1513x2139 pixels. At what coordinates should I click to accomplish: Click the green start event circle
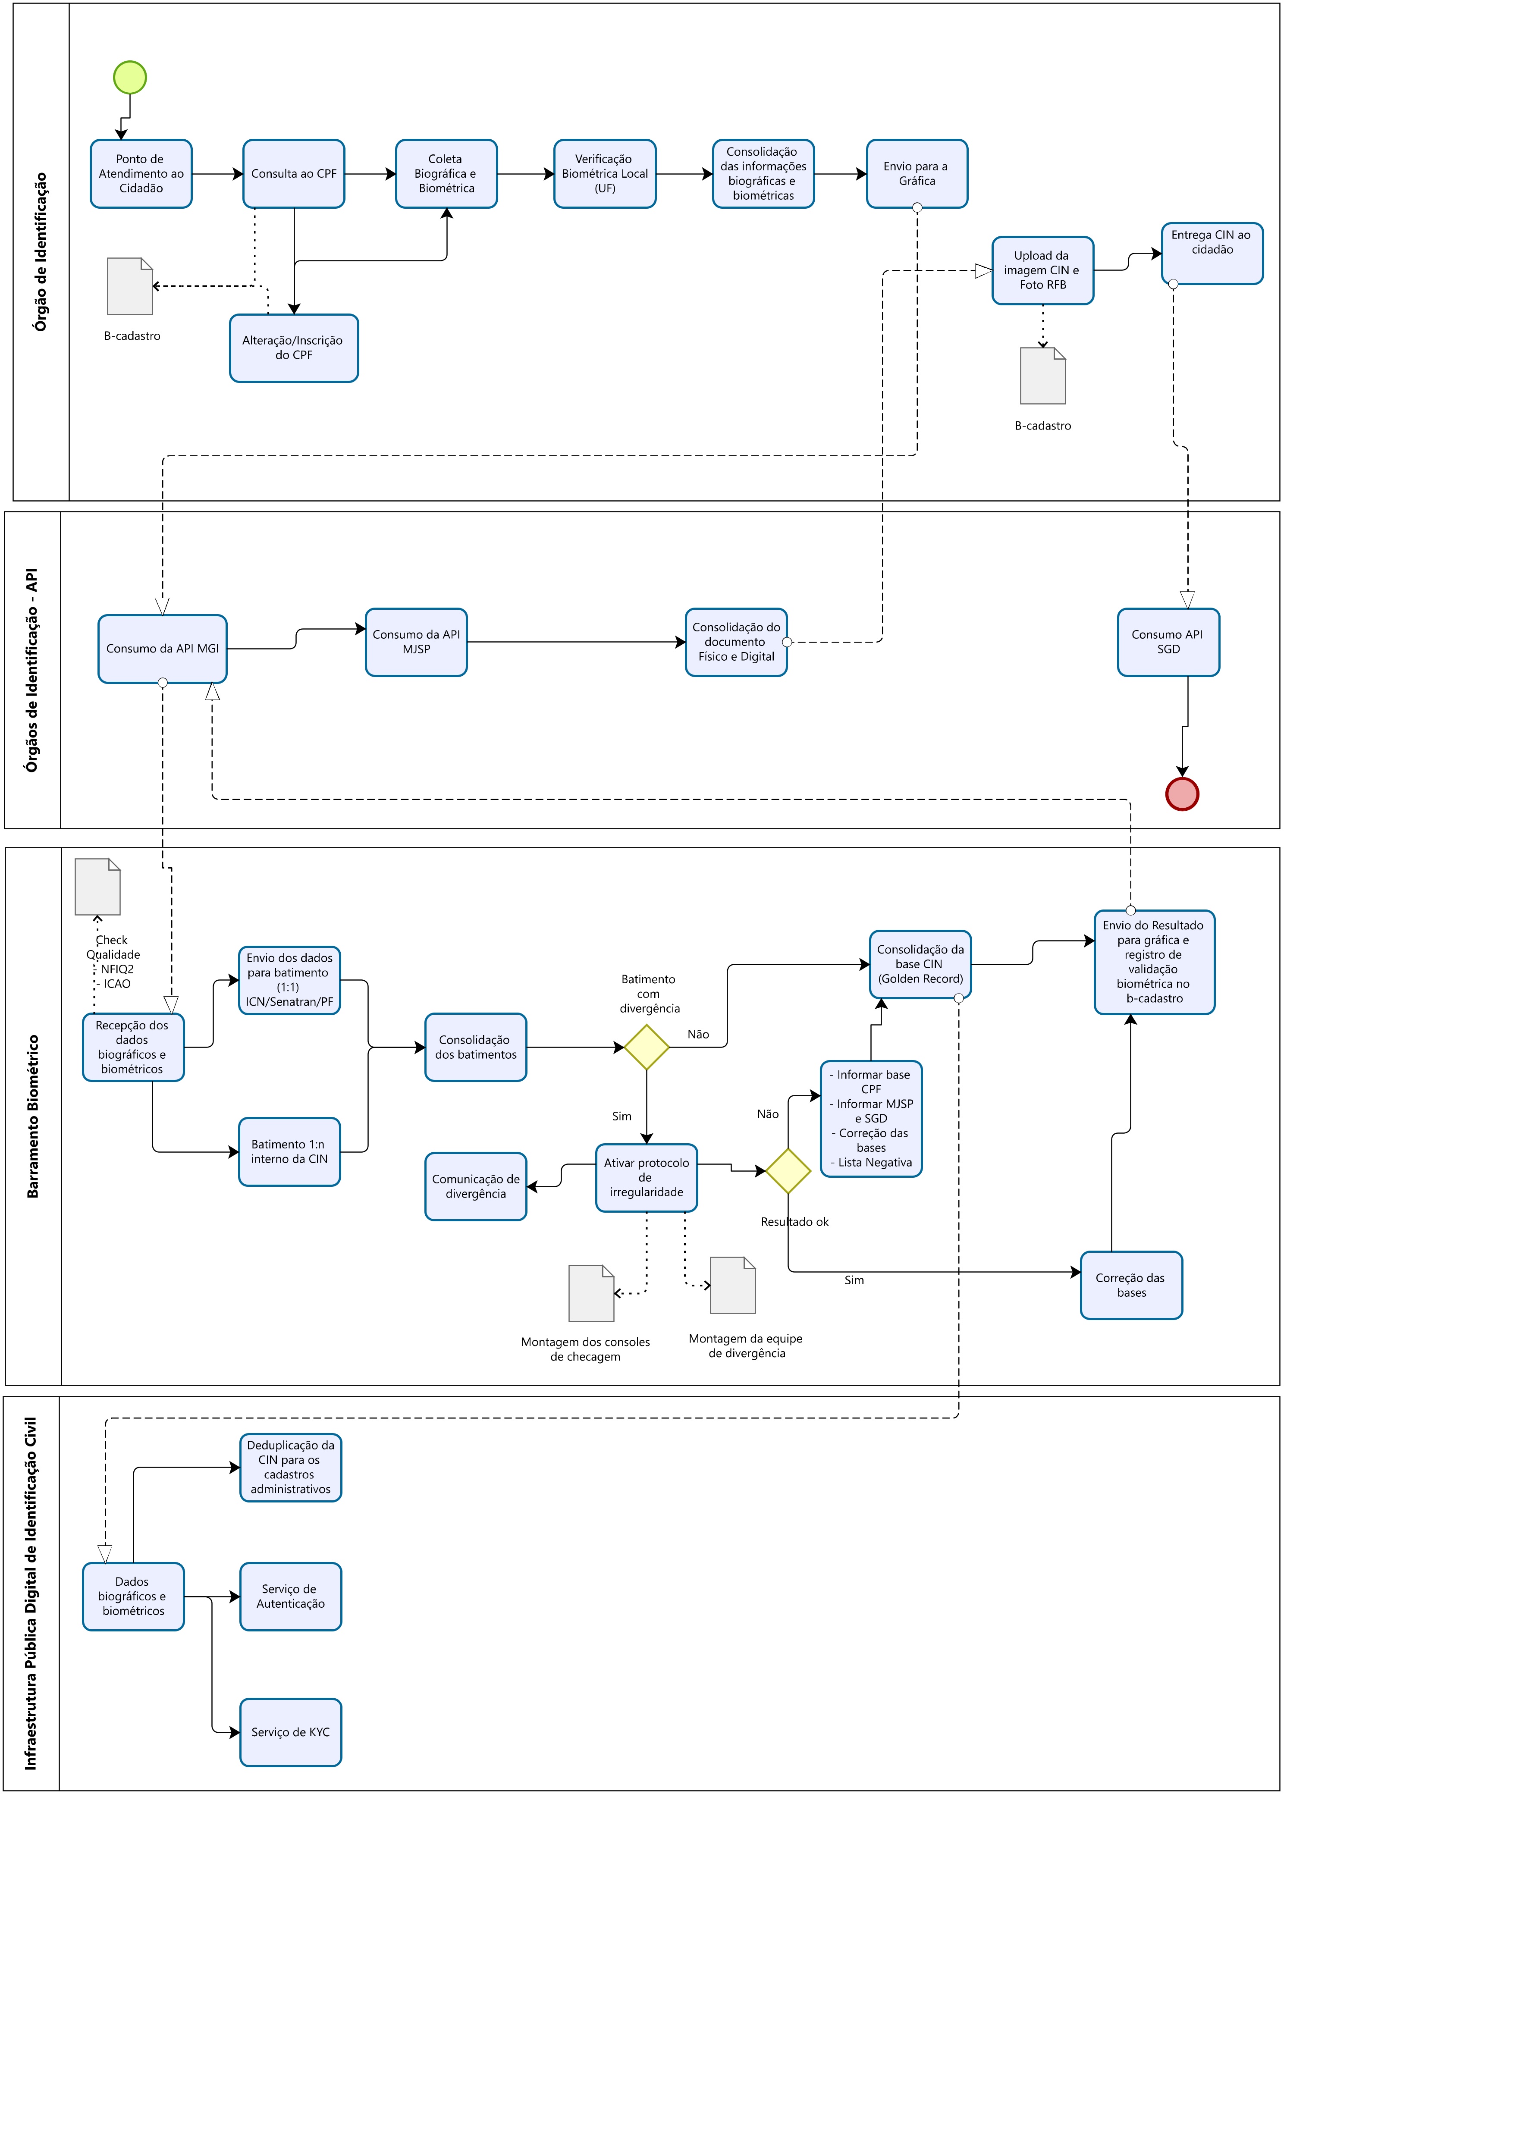tap(129, 77)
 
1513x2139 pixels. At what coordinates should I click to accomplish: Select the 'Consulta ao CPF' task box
tap(293, 173)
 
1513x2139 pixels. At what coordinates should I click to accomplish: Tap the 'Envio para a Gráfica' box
tap(917, 173)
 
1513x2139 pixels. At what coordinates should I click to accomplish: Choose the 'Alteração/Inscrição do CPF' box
tap(293, 348)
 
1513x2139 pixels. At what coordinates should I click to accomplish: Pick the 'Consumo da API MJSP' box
tap(415, 642)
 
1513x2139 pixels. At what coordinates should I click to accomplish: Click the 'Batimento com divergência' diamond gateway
tap(647, 1047)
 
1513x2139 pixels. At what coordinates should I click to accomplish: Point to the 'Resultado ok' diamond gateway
tap(788, 1171)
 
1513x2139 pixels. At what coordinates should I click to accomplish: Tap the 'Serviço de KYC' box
tap(291, 1732)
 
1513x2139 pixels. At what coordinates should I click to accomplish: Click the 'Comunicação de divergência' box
tap(475, 1186)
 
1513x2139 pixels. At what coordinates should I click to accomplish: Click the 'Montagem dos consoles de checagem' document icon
tap(591, 1293)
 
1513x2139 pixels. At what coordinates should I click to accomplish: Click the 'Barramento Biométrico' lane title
tap(34, 1116)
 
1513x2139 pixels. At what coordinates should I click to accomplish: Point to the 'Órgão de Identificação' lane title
tap(41, 251)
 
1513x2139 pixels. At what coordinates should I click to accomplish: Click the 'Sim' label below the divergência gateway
tap(622, 1116)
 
